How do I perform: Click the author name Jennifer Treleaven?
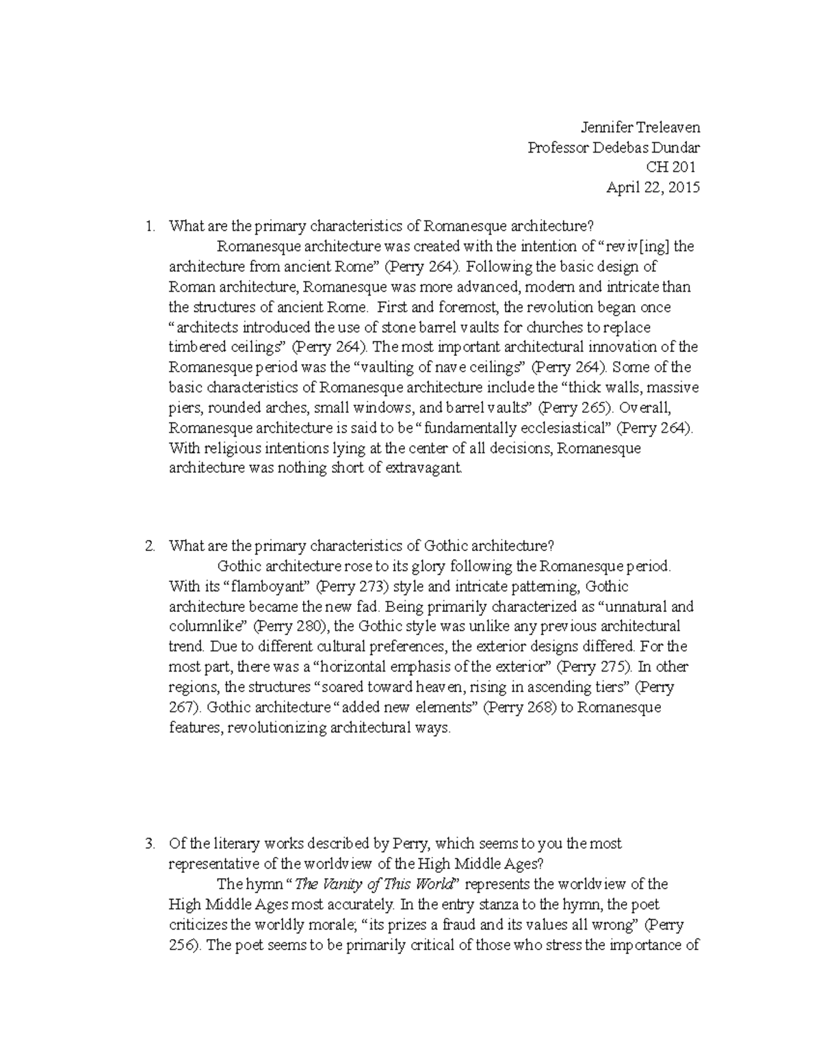click(640, 127)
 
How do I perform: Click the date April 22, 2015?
click(653, 188)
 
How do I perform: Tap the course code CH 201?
click(670, 168)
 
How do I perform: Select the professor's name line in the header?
click(613, 148)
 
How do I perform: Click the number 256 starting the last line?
click(181, 945)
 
